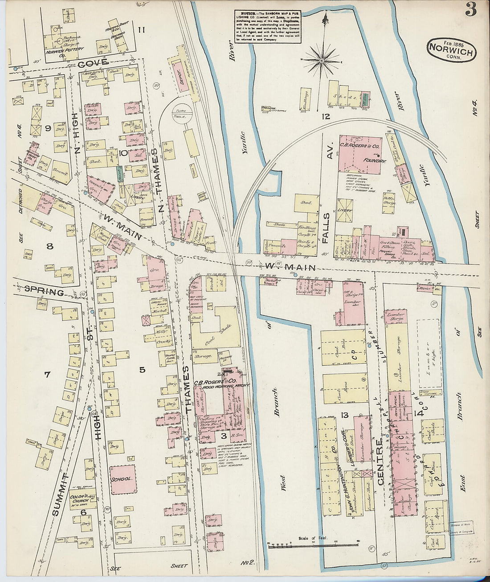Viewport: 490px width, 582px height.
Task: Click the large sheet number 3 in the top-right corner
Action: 471,9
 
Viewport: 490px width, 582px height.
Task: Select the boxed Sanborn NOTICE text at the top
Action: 268,27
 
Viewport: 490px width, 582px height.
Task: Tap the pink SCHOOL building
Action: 123,479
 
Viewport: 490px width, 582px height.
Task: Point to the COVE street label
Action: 93,63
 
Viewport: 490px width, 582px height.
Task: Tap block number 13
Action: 344,415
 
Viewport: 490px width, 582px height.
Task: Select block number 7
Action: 47,374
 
